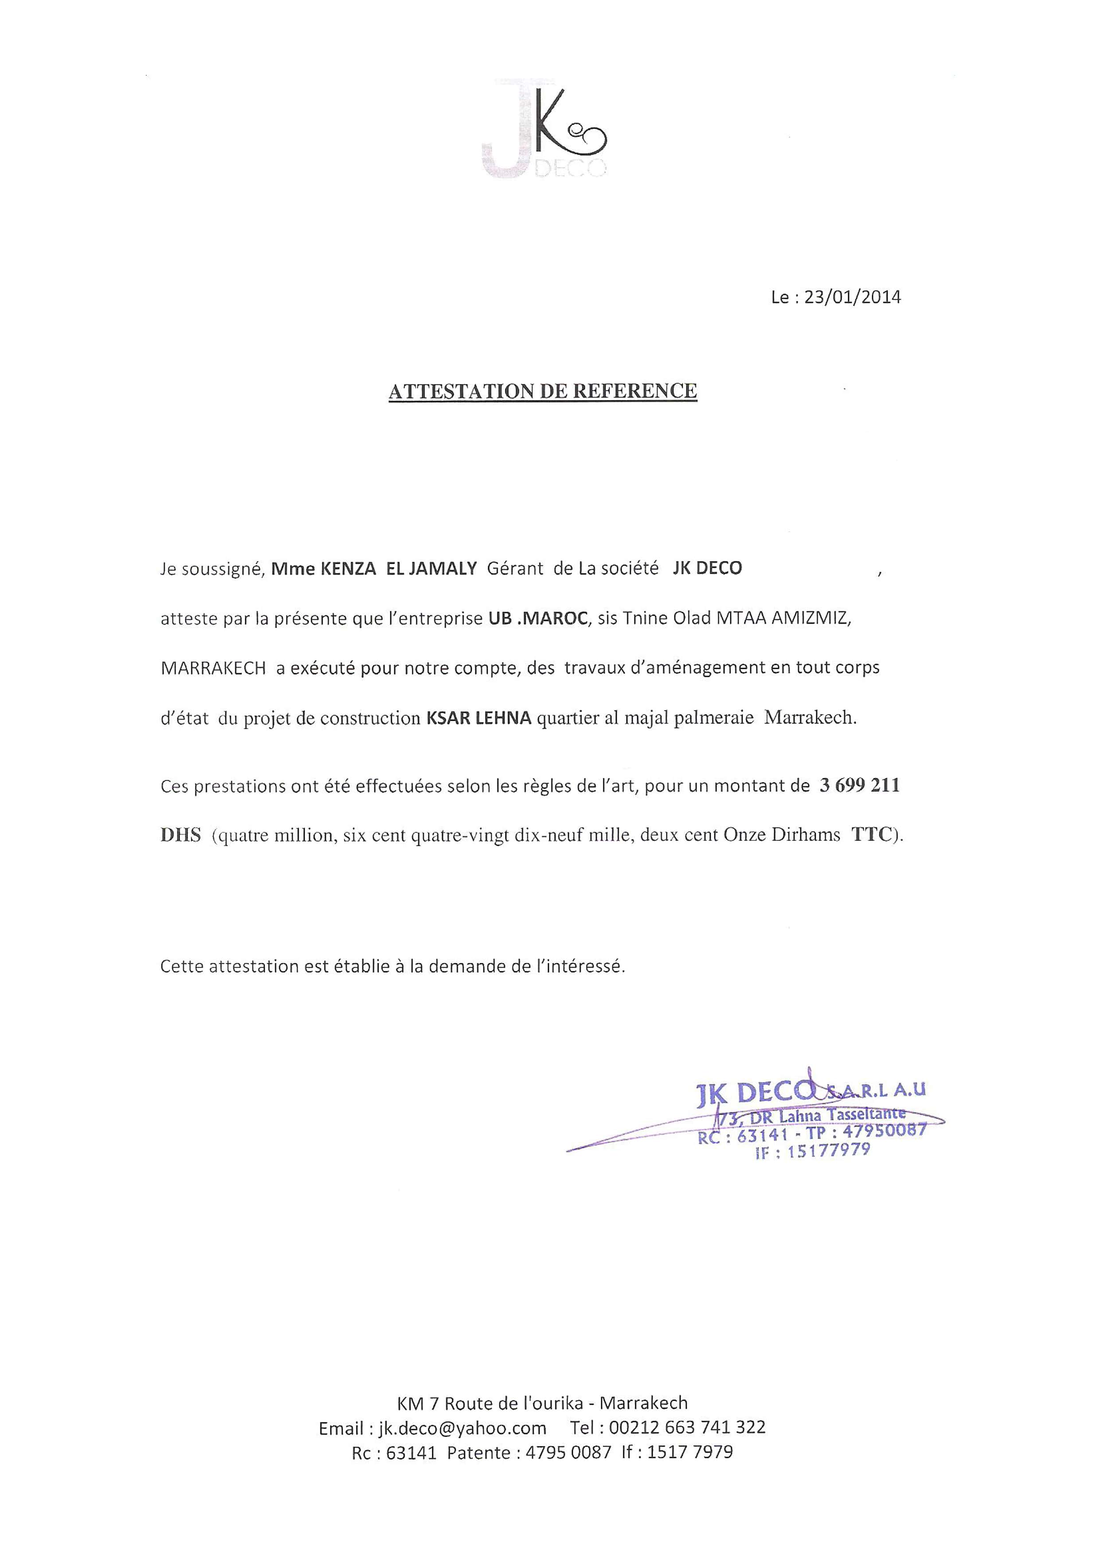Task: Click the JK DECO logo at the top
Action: pyautogui.click(x=544, y=130)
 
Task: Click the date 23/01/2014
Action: pyautogui.click(x=852, y=297)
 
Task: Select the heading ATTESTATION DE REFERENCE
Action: pyautogui.click(x=543, y=391)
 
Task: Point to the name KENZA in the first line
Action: pyautogui.click(x=348, y=569)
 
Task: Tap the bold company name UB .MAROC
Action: pyautogui.click(x=538, y=618)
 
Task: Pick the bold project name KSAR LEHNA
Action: pyautogui.click(x=478, y=718)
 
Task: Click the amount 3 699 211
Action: pyautogui.click(x=859, y=785)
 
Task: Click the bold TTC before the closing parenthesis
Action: pyautogui.click(x=872, y=835)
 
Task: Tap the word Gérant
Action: pyautogui.click(x=515, y=569)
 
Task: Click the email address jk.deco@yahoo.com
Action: pyautogui.click(x=462, y=1428)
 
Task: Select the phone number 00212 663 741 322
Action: pyautogui.click(x=687, y=1427)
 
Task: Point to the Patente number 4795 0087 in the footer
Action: pyautogui.click(x=568, y=1452)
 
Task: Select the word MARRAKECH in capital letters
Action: pyautogui.click(x=213, y=668)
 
